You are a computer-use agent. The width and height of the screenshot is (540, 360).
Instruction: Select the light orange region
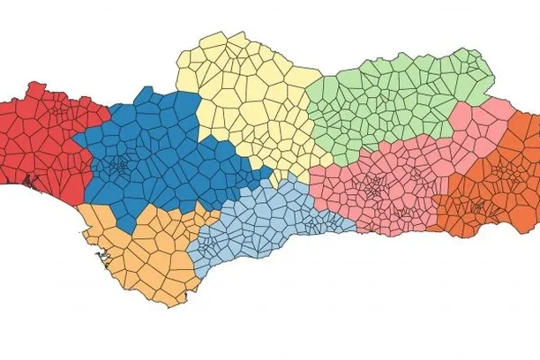pyautogui.click(x=141, y=256)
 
